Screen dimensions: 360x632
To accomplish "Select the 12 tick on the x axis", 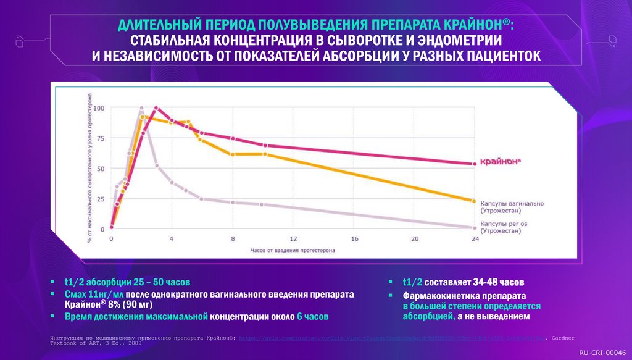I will (293, 238).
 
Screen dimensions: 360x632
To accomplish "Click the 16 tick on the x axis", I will (354, 238).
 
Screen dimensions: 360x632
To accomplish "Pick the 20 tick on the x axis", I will (414, 238).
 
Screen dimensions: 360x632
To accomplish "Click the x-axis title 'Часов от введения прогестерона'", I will (292, 251).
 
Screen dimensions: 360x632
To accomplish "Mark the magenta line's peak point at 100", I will (156, 108).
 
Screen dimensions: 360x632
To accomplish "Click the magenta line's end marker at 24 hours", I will (474, 164).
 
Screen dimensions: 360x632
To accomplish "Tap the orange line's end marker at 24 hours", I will (474, 201).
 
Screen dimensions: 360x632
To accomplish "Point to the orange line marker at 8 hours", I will (232, 154).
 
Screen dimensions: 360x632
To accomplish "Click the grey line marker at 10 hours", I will (262, 204).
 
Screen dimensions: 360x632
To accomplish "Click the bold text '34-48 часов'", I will (499, 282).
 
